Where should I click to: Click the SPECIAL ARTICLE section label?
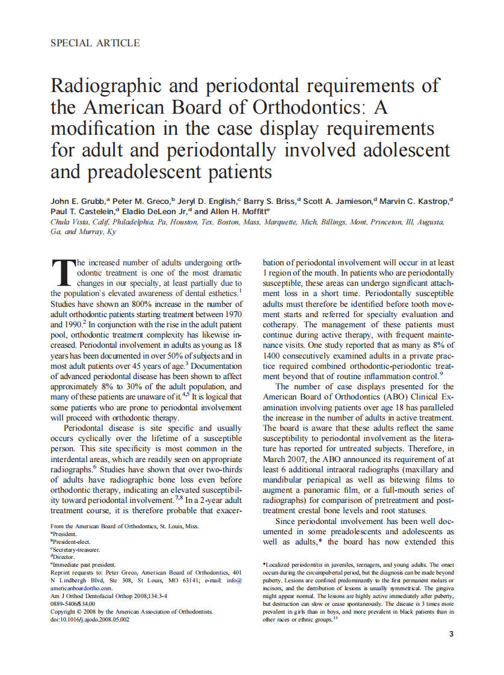pyautogui.click(x=95, y=43)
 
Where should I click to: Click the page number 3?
pyautogui.click(x=451, y=634)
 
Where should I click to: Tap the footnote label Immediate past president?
pyautogui.click(x=84, y=565)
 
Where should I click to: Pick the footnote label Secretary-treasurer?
pyautogui.click(x=77, y=549)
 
